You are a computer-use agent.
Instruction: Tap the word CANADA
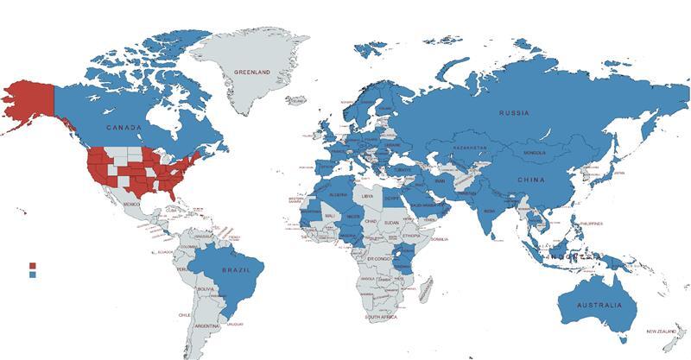124,127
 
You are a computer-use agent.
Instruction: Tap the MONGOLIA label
529,153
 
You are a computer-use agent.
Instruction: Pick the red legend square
32,266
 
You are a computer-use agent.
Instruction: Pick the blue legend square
32,275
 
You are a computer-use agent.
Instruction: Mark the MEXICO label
131,204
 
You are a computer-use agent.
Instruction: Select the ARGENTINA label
206,325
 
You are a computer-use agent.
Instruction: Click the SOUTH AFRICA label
381,318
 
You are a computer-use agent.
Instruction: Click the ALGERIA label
338,195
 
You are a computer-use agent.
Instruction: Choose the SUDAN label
391,222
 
